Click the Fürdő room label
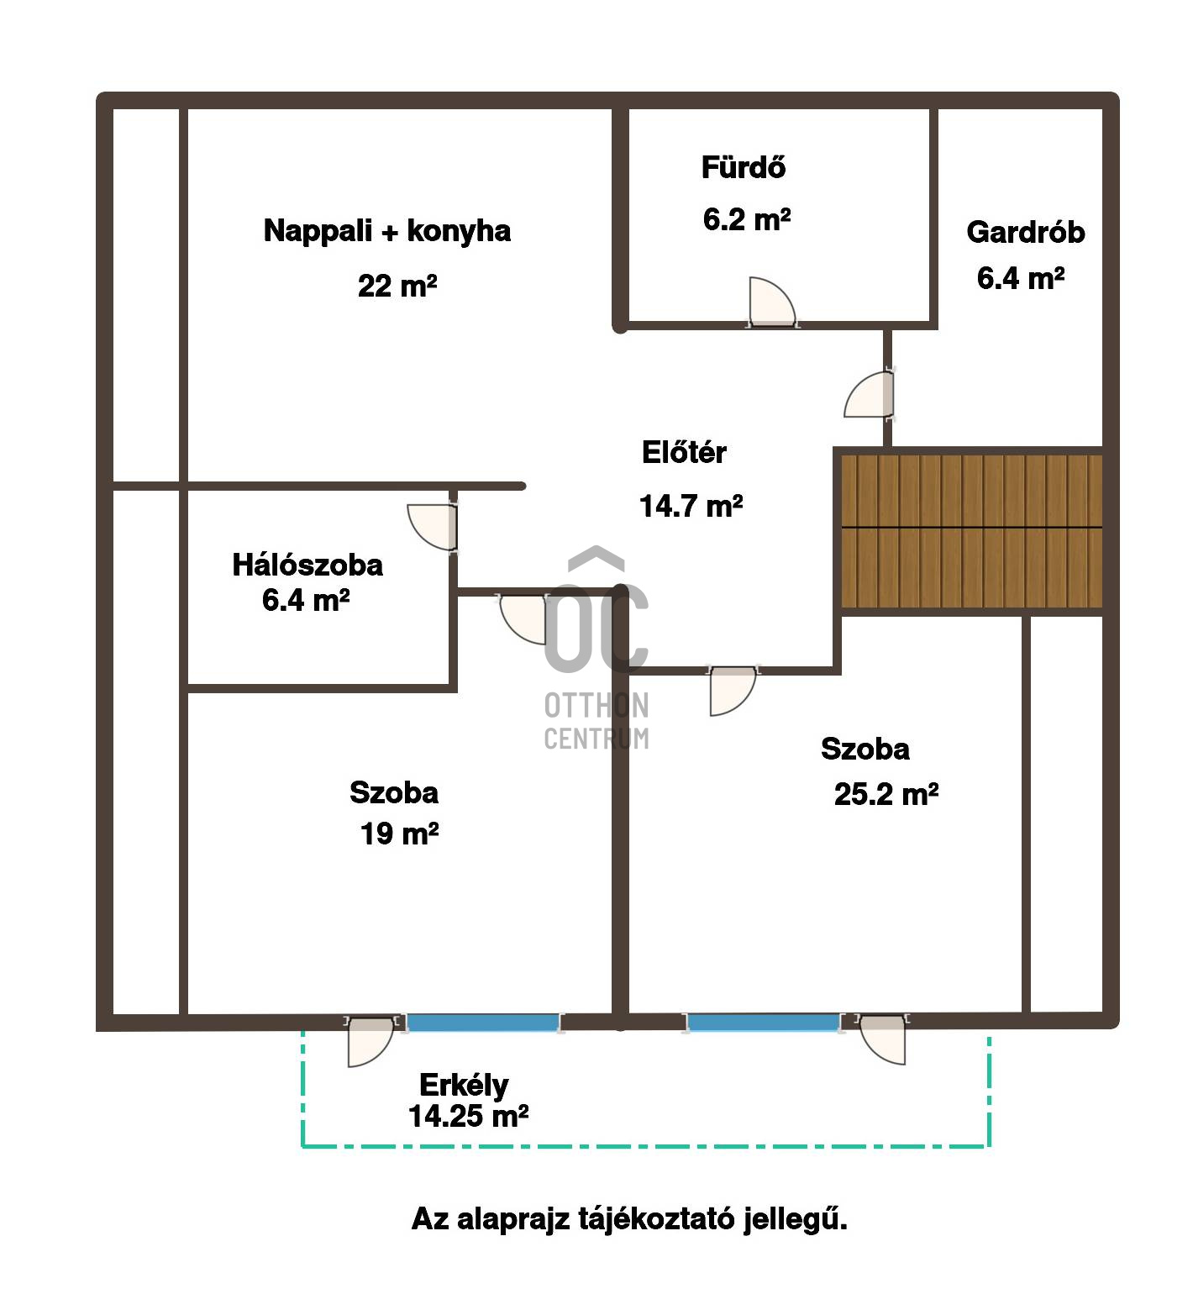point(744,167)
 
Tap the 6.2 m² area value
point(747,219)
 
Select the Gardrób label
point(1026,232)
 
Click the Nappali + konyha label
point(387,231)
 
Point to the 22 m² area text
point(397,286)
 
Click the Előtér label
point(684,452)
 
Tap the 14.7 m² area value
point(691,506)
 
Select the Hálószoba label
point(307,565)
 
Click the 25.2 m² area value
point(886,794)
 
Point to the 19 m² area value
point(400,834)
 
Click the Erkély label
point(464,1085)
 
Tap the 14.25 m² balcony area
point(468,1116)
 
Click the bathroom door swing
point(771,302)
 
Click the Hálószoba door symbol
point(433,527)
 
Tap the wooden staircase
point(971,530)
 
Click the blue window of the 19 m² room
point(483,1023)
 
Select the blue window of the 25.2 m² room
point(763,1023)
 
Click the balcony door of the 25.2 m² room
point(882,1040)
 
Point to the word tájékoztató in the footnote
point(656,1218)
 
